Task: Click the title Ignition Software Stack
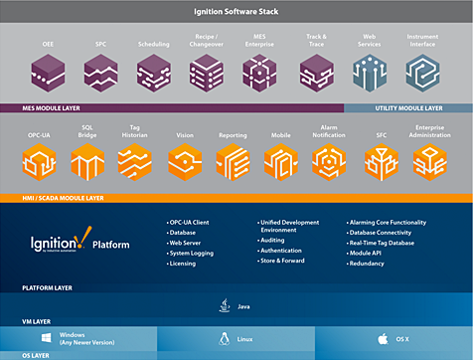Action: (236, 12)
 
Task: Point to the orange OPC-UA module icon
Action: (39, 159)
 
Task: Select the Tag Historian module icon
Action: (134, 159)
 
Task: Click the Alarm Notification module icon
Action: (329, 159)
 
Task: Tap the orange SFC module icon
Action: (380, 159)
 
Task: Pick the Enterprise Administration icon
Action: (431, 159)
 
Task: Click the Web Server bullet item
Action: (186, 242)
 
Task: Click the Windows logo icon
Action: (46, 338)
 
